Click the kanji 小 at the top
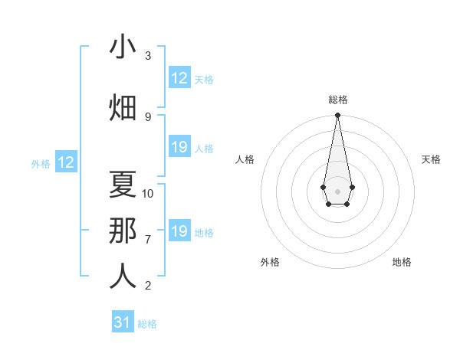pyautogui.click(x=123, y=47)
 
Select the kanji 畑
pyautogui.click(x=123, y=107)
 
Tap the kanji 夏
pyautogui.click(x=123, y=184)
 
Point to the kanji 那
pyautogui.click(x=123, y=230)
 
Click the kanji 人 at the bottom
pyautogui.click(x=123, y=276)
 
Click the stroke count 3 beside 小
pyautogui.click(x=148, y=56)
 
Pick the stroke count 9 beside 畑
pyautogui.click(x=148, y=116)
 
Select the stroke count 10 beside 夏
pyautogui.click(x=148, y=193)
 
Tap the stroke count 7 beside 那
pyautogui.click(x=148, y=239)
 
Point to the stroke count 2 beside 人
pyautogui.click(x=148, y=286)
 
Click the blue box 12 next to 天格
pyautogui.click(x=179, y=78)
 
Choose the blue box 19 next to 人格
pyautogui.click(x=179, y=147)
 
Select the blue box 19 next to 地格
pyautogui.click(x=179, y=231)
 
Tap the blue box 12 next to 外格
pyautogui.click(x=65, y=162)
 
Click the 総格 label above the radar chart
pyautogui.click(x=337, y=100)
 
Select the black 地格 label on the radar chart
pyautogui.click(x=402, y=262)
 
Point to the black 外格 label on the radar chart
pyautogui.click(x=270, y=262)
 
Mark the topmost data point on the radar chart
pyautogui.click(x=337, y=116)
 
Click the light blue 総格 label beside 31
pyautogui.click(x=147, y=324)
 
